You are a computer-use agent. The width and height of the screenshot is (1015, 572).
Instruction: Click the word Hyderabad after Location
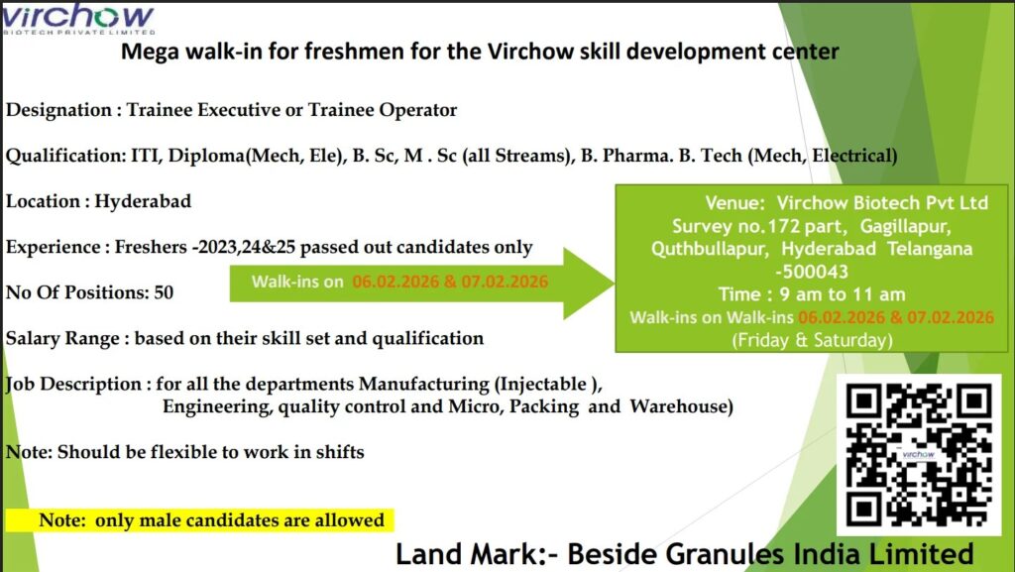143,201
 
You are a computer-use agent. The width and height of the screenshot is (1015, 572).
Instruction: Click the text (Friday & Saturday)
811,340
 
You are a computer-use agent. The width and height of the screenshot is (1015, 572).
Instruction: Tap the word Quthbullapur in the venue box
706,248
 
